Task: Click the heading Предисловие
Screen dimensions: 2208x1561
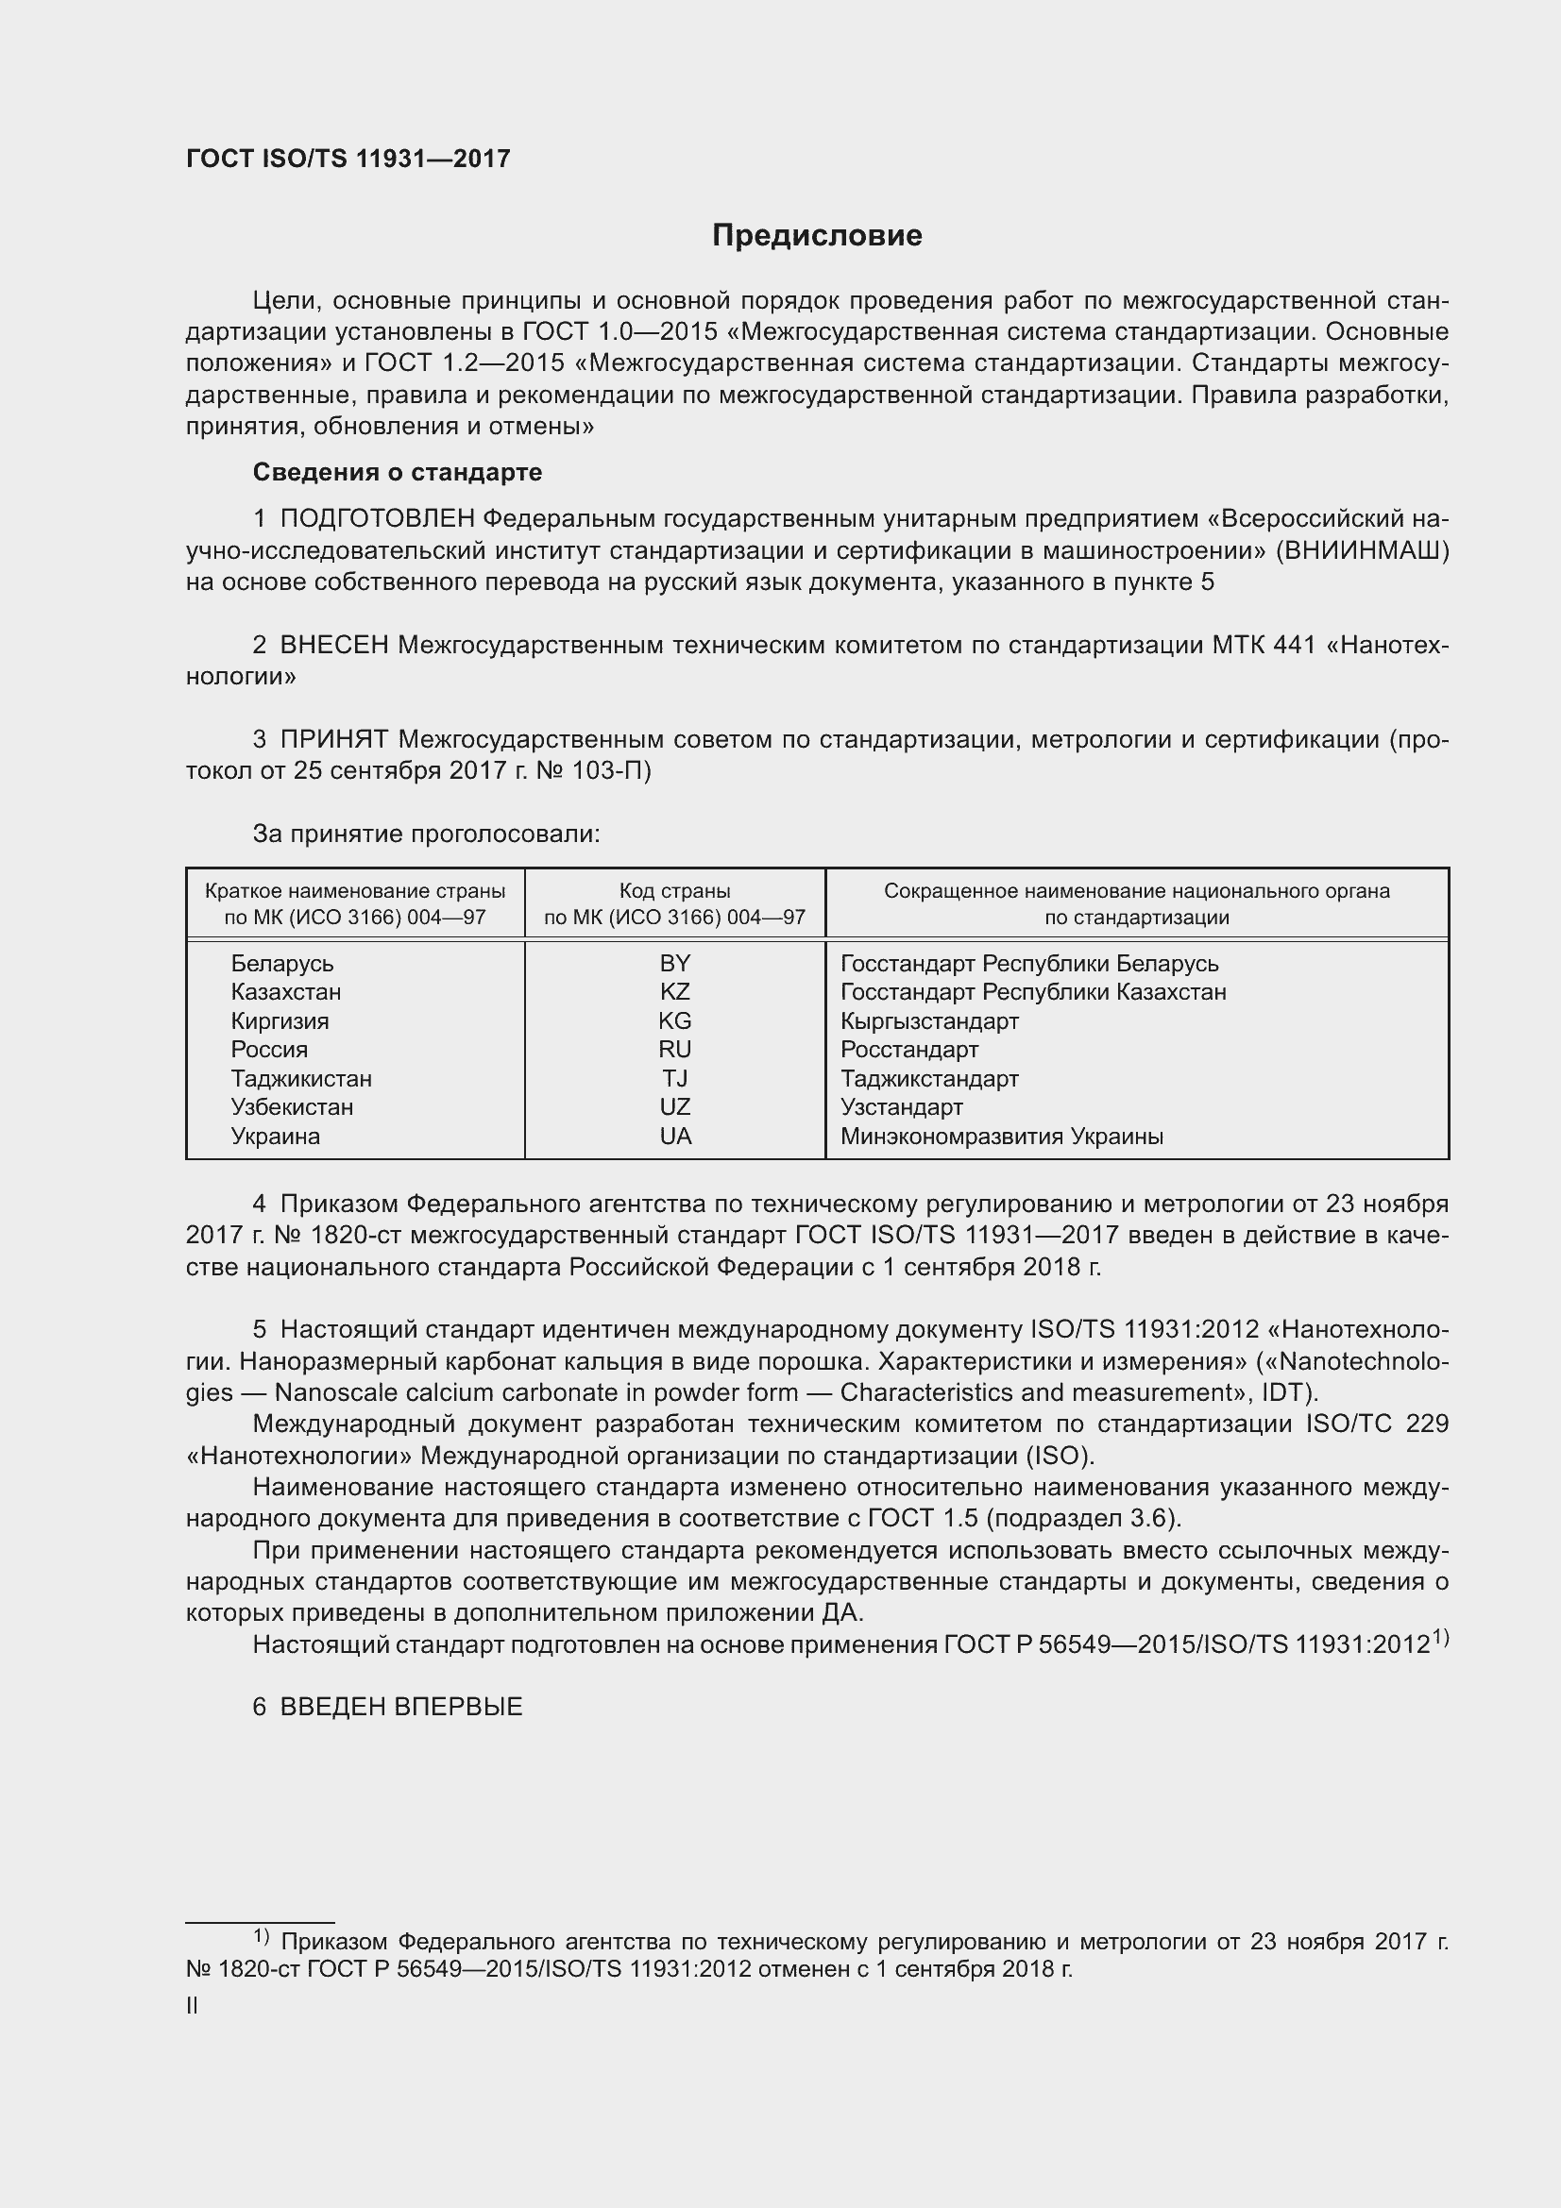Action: point(817,236)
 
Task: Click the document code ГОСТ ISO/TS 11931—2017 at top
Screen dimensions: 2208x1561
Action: point(348,160)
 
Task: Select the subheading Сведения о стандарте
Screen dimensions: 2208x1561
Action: point(398,472)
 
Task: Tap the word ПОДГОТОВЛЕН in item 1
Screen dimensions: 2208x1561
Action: point(377,519)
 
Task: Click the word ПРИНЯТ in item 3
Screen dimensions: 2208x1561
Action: point(333,739)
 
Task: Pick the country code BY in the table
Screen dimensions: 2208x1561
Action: point(675,964)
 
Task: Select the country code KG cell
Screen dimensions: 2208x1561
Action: point(675,1021)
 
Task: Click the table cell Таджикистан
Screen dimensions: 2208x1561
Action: point(301,1079)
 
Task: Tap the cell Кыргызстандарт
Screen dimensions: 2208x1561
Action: point(929,1021)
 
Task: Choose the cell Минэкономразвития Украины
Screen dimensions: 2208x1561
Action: point(1001,1137)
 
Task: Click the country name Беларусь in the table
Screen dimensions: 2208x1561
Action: point(281,964)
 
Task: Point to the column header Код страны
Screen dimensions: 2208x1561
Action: point(674,891)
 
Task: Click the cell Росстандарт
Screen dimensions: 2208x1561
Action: point(908,1050)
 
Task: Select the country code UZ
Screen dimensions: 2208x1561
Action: point(675,1108)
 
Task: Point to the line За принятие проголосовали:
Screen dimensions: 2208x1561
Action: point(426,834)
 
